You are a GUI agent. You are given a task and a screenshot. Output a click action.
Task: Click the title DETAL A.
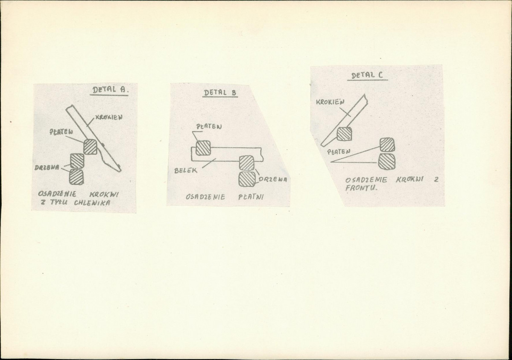click(110, 90)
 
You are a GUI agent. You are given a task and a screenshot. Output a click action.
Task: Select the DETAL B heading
click(220, 92)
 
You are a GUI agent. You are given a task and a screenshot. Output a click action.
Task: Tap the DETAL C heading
click(367, 76)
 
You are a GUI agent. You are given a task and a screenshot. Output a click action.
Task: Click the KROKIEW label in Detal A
click(109, 117)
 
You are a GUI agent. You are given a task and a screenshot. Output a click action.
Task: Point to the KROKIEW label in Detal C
click(330, 102)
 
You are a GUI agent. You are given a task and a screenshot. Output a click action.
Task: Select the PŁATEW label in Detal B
click(209, 126)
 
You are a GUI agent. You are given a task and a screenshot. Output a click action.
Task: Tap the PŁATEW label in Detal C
click(339, 152)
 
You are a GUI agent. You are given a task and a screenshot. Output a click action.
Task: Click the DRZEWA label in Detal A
click(47, 167)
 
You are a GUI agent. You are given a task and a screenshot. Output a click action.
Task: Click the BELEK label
click(186, 170)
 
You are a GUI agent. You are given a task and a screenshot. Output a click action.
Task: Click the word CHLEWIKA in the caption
click(92, 202)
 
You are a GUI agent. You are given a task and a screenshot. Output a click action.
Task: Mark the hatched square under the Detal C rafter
click(344, 134)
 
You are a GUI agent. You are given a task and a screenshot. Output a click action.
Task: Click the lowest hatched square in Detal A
click(76, 177)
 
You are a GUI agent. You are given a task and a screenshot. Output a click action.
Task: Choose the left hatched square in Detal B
click(203, 148)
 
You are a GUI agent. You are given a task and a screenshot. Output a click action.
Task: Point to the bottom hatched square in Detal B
click(247, 179)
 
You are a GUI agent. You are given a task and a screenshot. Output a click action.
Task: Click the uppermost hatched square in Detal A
click(91, 146)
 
